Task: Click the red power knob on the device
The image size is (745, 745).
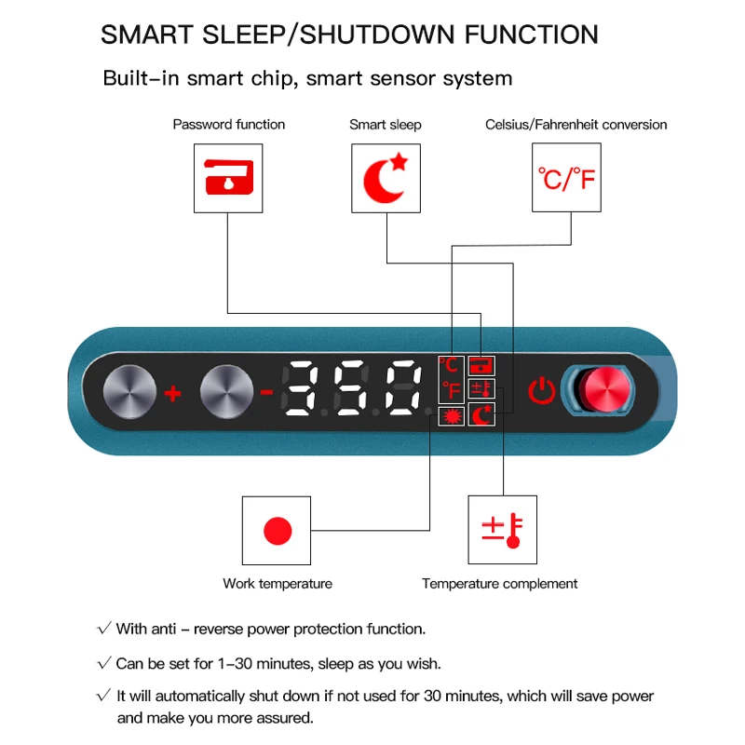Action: pyautogui.click(x=607, y=389)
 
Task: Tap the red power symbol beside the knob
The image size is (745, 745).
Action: pyautogui.click(x=542, y=391)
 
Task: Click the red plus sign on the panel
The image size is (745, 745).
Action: pyautogui.click(x=173, y=393)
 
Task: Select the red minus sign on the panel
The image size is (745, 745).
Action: pyautogui.click(x=267, y=392)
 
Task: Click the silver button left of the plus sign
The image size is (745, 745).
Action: pyautogui.click(x=129, y=391)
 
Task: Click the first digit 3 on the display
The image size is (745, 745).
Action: pyautogui.click(x=300, y=387)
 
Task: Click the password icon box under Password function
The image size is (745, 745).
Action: pyautogui.click(x=228, y=178)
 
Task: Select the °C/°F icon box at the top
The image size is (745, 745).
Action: pyautogui.click(x=566, y=178)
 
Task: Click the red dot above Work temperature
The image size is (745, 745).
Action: pyautogui.click(x=278, y=531)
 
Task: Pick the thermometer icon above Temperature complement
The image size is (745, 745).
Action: pyautogui.click(x=502, y=530)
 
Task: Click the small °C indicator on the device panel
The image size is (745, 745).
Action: pyautogui.click(x=449, y=365)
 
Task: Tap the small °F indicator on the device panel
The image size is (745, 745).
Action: pyautogui.click(x=452, y=390)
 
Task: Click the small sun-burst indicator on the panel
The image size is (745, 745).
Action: pyautogui.click(x=452, y=416)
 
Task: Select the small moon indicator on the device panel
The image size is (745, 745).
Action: pyautogui.click(x=481, y=414)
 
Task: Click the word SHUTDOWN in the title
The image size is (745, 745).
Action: pyautogui.click(x=378, y=34)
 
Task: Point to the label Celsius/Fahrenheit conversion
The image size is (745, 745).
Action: pyautogui.click(x=576, y=125)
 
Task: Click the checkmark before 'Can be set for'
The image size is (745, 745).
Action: pyautogui.click(x=104, y=662)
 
